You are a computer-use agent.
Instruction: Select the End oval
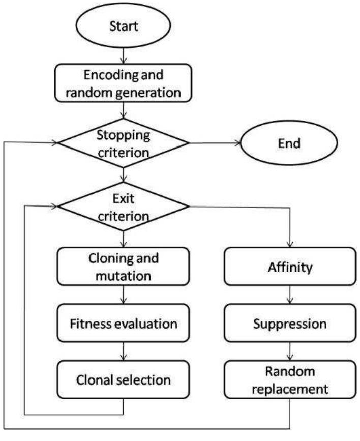pos(289,143)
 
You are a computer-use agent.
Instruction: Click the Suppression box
pos(289,324)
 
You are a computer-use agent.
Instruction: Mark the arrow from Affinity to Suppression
pos(289,296)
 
